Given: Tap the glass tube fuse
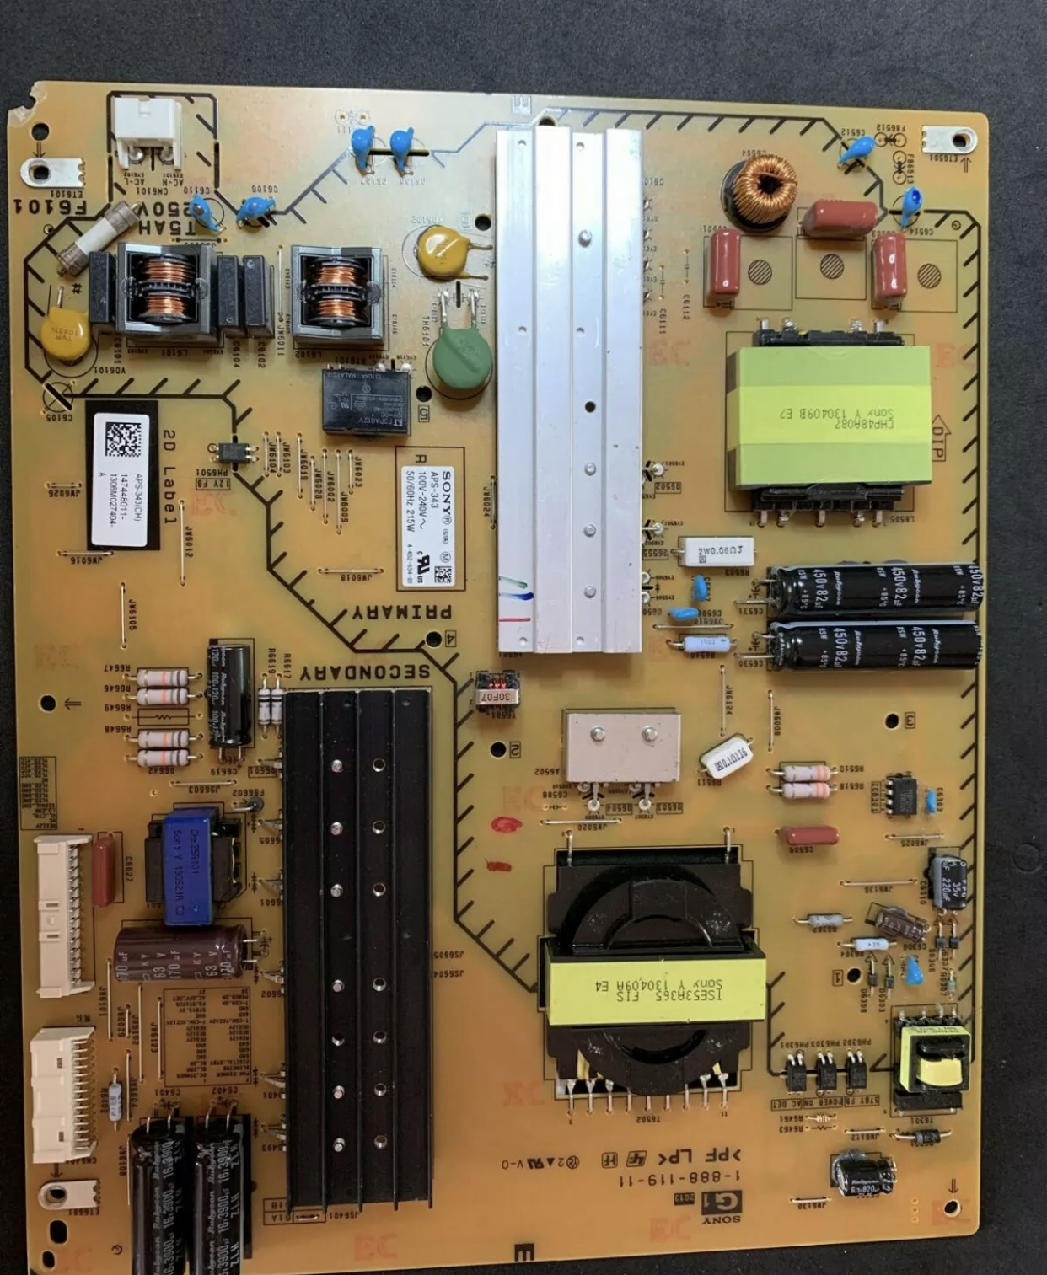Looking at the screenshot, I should [x=99, y=238].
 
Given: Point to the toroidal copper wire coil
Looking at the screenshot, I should [x=765, y=190].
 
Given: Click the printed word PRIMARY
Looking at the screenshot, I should [x=402, y=613].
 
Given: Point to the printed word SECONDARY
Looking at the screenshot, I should [x=364, y=672].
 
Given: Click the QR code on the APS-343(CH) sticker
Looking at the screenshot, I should [x=122, y=439].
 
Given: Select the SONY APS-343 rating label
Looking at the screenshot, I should [x=430, y=517].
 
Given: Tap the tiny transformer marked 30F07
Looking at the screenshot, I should [x=497, y=688].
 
